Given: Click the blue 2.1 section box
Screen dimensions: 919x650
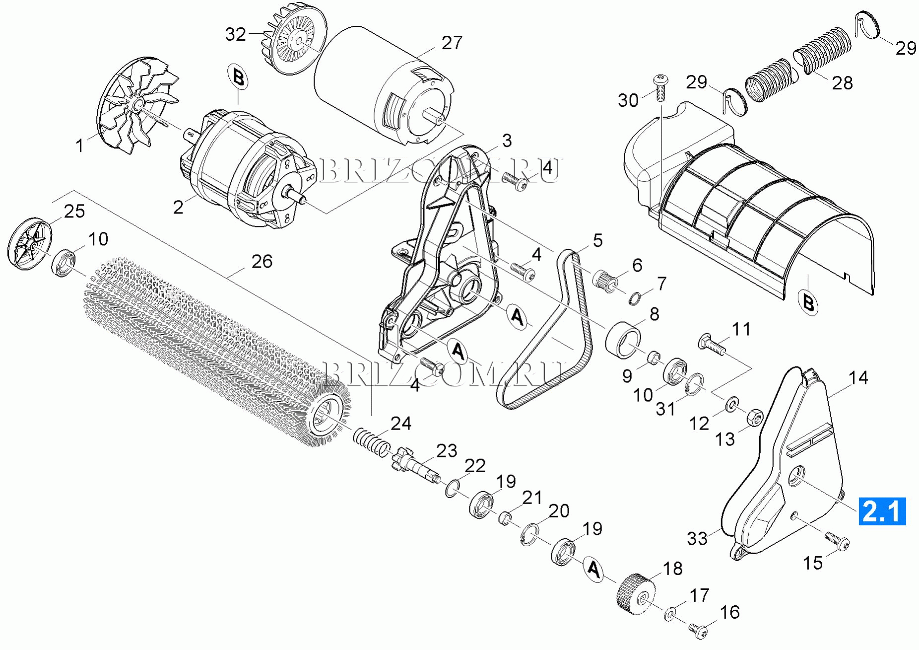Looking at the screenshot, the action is (x=882, y=511).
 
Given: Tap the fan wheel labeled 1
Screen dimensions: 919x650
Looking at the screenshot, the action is (x=137, y=105).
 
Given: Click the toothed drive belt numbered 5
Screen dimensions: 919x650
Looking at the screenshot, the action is (x=544, y=330).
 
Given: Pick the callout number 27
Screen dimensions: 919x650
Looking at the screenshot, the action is (x=452, y=43).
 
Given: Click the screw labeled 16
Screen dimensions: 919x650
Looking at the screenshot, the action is (x=698, y=630).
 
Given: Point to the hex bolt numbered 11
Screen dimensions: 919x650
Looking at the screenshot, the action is (x=712, y=346).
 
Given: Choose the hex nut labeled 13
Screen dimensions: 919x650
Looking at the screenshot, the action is (x=755, y=418).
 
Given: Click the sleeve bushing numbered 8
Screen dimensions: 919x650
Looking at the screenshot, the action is (x=623, y=340).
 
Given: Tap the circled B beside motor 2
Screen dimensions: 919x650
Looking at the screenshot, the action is (x=238, y=78).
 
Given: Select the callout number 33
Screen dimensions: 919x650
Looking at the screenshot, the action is (x=697, y=538).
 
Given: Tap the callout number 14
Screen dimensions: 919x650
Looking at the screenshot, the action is (x=858, y=378).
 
